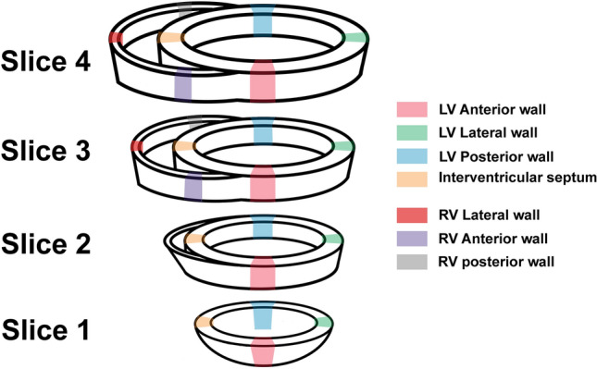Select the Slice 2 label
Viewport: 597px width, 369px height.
pyautogui.click(x=50, y=245)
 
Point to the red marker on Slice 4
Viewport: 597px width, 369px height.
pyautogui.click(x=116, y=37)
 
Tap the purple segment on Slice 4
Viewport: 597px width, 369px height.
pyautogui.click(x=183, y=83)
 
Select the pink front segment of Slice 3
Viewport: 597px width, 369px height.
pyautogui.click(x=263, y=184)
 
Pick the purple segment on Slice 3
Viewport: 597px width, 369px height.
pyautogui.click(x=193, y=185)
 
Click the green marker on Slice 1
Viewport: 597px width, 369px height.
pyautogui.click(x=323, y=322)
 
